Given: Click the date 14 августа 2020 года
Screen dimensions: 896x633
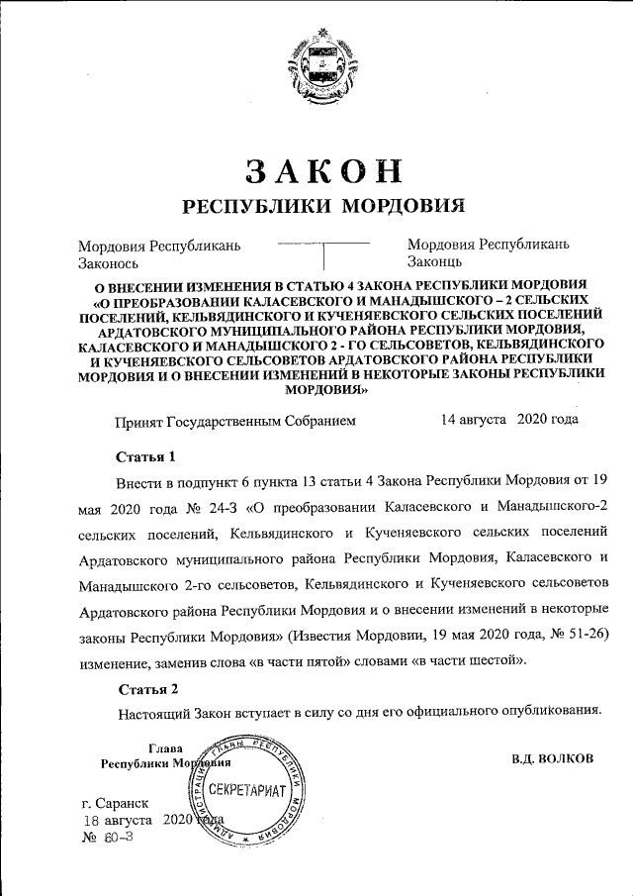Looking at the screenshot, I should coord(509,419).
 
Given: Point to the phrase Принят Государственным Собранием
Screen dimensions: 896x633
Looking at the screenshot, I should coord(235,420).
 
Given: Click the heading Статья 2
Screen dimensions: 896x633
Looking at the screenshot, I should coord(147,688).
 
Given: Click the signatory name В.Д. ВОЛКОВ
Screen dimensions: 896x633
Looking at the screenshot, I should coord(553,759).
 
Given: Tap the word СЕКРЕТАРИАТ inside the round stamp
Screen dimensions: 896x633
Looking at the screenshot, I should coord(246,792).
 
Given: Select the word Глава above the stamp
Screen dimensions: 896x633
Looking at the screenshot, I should coord(165,748).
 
